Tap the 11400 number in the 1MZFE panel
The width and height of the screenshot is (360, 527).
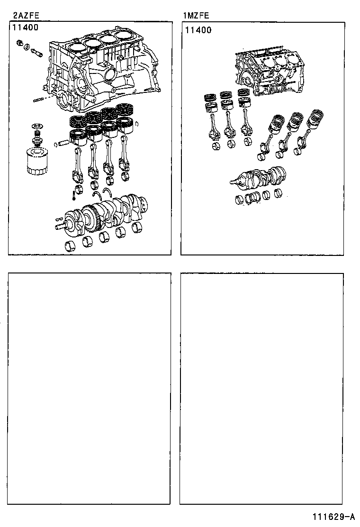tap(198, 30)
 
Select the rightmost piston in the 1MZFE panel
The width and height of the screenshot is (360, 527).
tap(315, 121)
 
